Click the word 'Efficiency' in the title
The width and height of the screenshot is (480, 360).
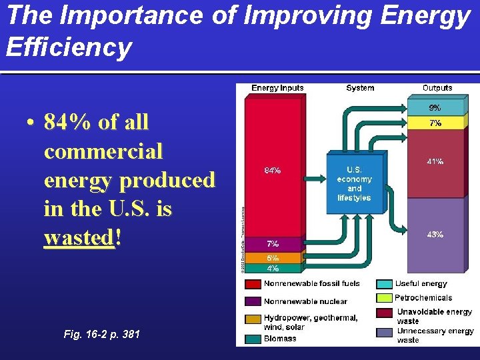click(69, 47)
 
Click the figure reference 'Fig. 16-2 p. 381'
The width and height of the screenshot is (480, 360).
click(101, 333)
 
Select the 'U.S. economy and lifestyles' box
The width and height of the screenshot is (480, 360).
click(354, 184)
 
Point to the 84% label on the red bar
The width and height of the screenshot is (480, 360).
click(273, 170)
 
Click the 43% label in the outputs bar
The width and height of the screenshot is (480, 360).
click(435, 234)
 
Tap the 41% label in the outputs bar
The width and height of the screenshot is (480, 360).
click(435, 161)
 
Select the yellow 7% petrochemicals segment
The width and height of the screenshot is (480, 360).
click(435, 123)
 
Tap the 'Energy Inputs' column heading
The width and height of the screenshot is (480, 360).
click(277, 88)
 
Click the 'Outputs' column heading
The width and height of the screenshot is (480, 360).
click(437, 88)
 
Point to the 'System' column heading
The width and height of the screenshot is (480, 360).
click(360, 88)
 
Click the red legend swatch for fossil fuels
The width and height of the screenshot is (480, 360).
click(253, 284)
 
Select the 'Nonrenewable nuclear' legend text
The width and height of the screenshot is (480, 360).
click(305, 301)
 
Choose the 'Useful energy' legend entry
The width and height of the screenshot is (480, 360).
click(421, 284)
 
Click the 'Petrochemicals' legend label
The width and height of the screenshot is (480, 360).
click(423, 298)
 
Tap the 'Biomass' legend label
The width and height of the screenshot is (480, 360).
click(280, 339)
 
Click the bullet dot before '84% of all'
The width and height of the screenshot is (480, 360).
click(31, 123)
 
